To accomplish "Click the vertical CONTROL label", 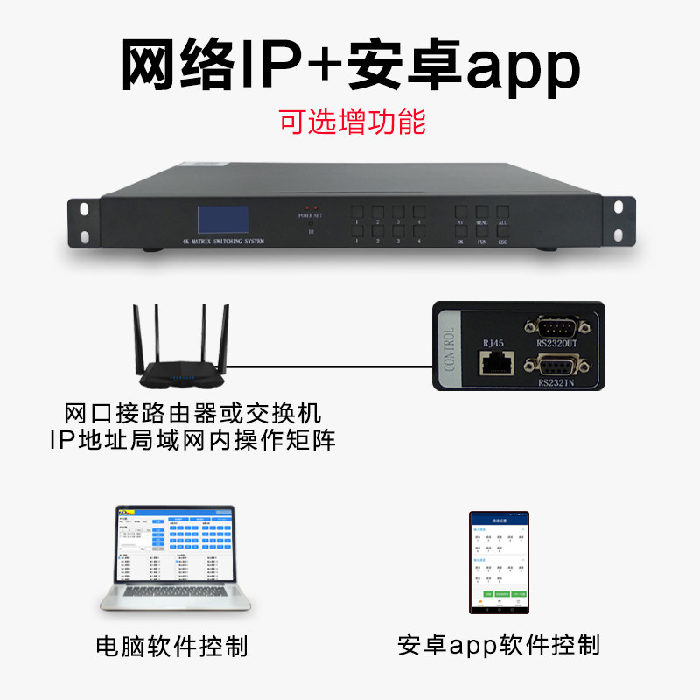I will (x=451, y=349).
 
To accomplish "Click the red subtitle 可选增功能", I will (x=352, y=121).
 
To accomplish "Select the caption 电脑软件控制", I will (x=172, y=647).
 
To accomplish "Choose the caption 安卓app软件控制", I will (x=498, y=646).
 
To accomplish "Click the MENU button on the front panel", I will (x=482, y=213).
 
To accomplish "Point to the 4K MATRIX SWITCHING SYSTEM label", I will (x=222, y=241).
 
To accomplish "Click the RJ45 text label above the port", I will (x=493, y=342).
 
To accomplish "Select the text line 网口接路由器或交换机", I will (x=194, y=412).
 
